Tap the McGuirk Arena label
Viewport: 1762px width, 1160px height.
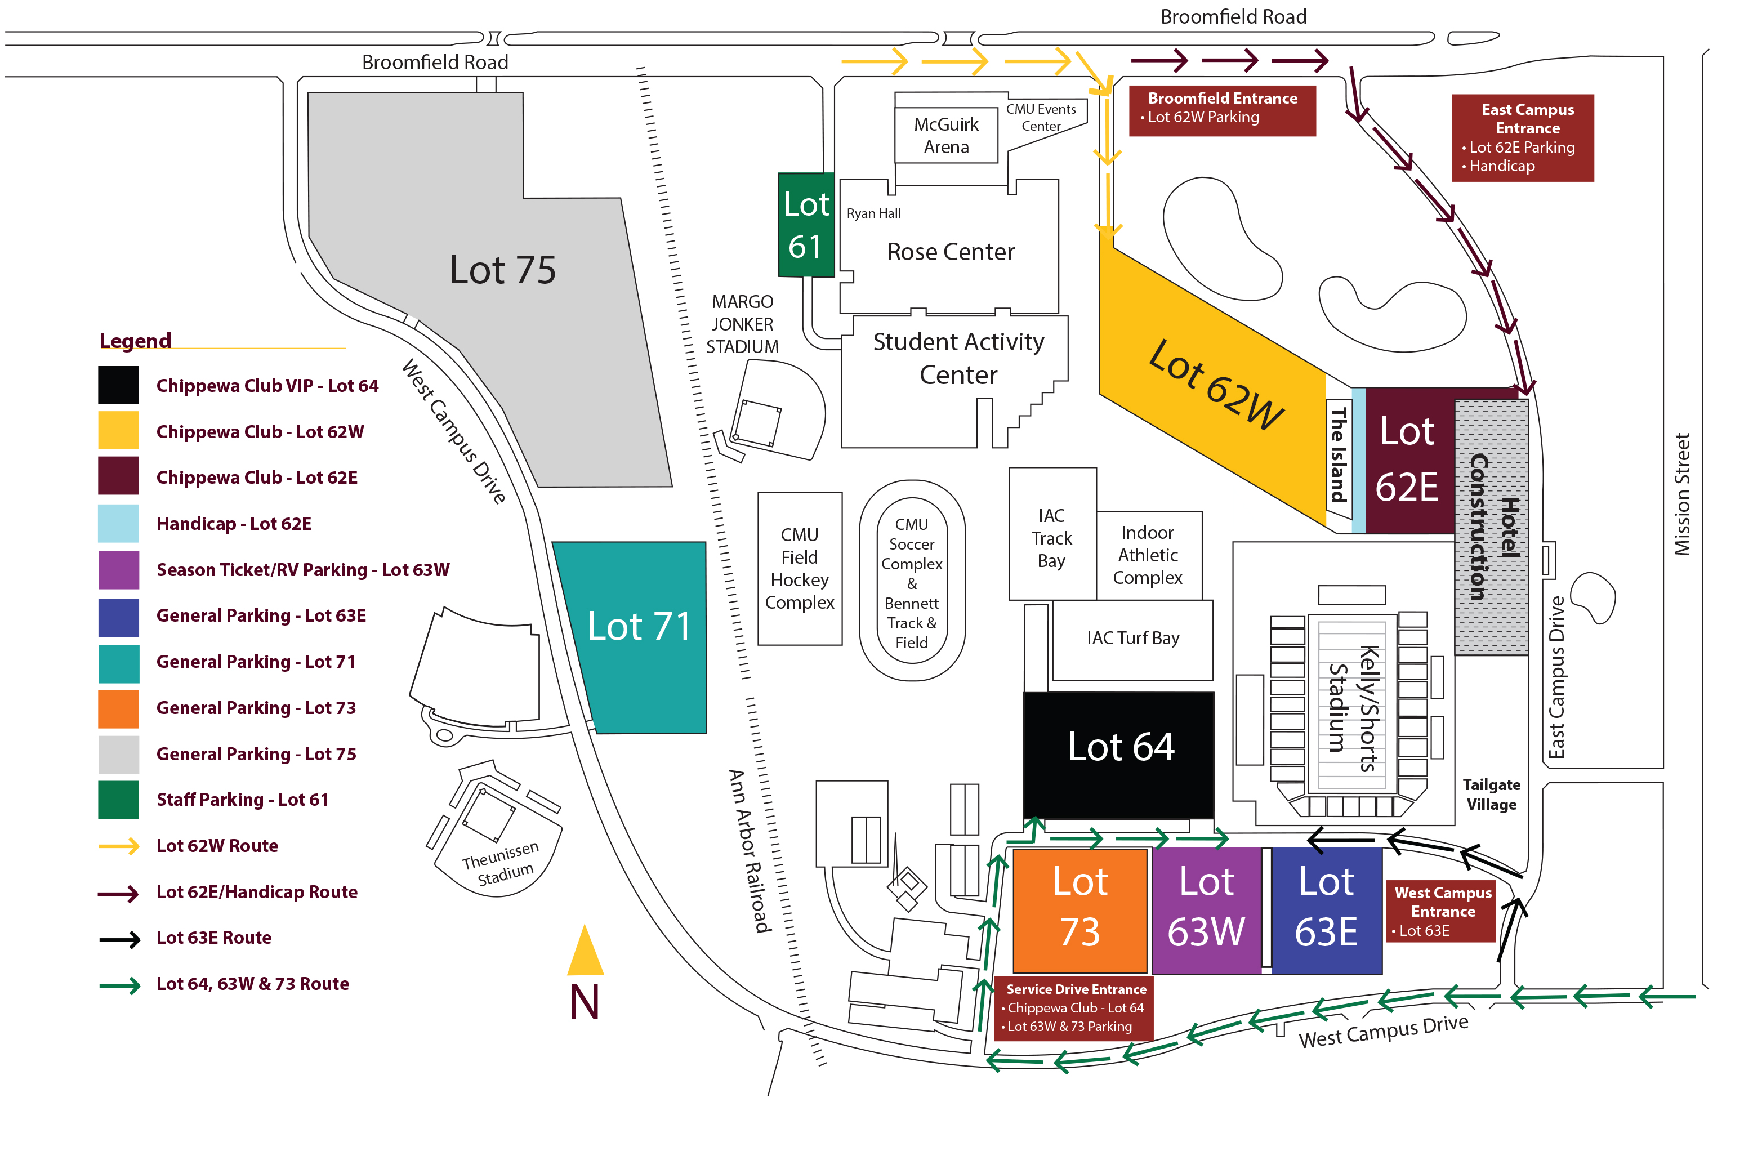pyautogui.click(x=945, y=136)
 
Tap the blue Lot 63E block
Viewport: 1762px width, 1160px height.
pyautogui.click(x=1326, y=910)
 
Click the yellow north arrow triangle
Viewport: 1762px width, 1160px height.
pyautogui.click(x=585, y=951)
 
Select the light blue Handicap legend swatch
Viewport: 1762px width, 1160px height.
pyautogui.click(x=118, y=523)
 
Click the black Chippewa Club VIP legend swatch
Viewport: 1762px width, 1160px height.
pyautogui.click(x=118, y=386)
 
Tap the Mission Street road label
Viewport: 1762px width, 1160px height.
pyautogui.click(x=1682, y=494)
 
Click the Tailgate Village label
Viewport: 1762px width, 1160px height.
pyautogui.click(x=1491, y=795)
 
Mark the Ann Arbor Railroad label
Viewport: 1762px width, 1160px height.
pyautogui.click(x=749, y=851)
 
